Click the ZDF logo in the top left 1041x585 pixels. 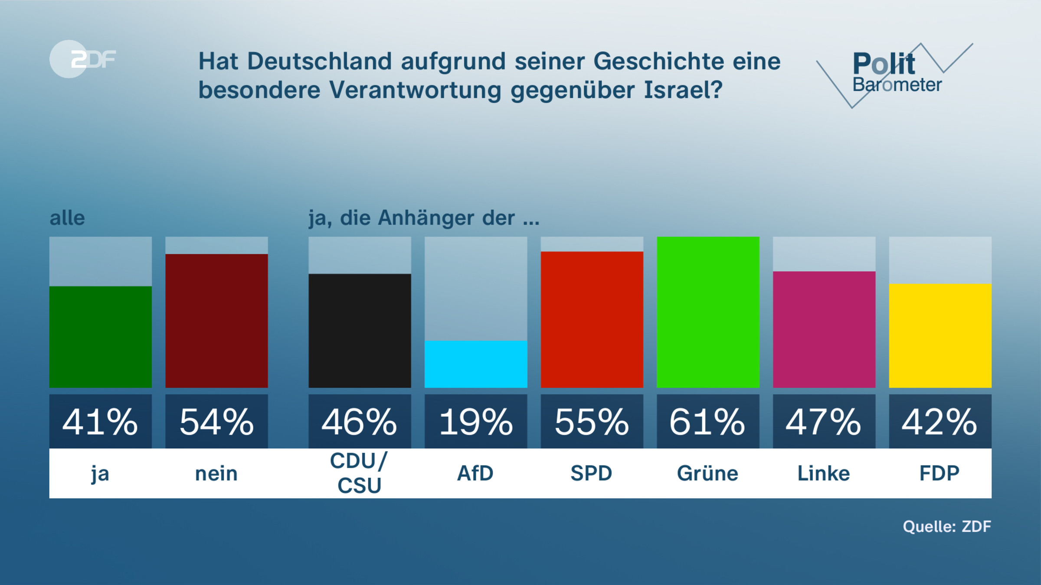point(82,59)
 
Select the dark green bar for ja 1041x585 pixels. point(100,337)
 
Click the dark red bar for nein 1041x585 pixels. point(216,321)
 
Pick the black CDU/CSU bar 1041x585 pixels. point(360,331)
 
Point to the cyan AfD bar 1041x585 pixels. point(476,364)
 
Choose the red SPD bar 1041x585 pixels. point(592,319)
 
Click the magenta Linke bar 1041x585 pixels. point(824,329)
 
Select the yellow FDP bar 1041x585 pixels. point(940,336)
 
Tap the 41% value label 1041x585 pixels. point(100,422)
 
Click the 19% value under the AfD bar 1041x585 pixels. point(476,422)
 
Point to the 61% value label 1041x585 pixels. point(708,422)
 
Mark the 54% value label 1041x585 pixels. point(216,422)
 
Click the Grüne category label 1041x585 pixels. point(708,473)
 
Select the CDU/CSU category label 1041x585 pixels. point(360,473)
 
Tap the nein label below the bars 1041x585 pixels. point(216,474)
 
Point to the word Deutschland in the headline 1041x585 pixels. point(319,61)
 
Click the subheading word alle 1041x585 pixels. point(67,218)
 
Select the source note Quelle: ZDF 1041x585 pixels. point(947,526)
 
